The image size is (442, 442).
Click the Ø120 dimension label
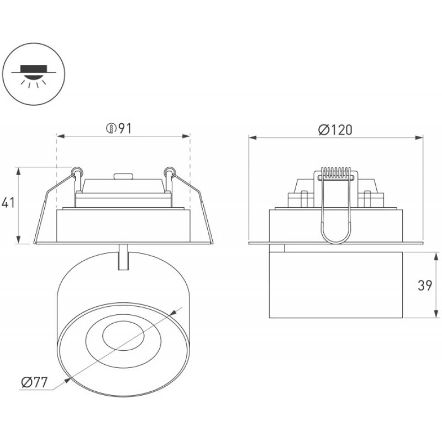[x=335, y=130]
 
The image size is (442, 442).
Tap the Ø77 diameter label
[x=34, y=382]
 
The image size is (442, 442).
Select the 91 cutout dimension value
[x=125, y=129]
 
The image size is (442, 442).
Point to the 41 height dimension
[x=8, y=203]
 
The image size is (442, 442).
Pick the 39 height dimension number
[x=425, y=285]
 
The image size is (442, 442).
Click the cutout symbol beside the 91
[x=111, y=129]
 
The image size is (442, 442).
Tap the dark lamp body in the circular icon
[x=34, y=69]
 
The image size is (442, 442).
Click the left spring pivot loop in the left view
[x=77, y=171]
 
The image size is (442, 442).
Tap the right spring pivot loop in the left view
[x=169, y=171]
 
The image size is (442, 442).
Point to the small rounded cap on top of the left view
[x=123, y=176]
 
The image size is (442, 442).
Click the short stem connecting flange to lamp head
[x=123, y=257]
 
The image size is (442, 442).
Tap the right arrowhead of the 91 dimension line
[x=186, y=136]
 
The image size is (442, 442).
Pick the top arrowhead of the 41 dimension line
[x=19, y=171]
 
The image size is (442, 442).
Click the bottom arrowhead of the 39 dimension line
[x=436, y=314]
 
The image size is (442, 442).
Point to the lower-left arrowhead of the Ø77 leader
[x=67, y=380]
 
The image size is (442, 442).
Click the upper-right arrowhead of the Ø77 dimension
[x=172, y=313]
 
